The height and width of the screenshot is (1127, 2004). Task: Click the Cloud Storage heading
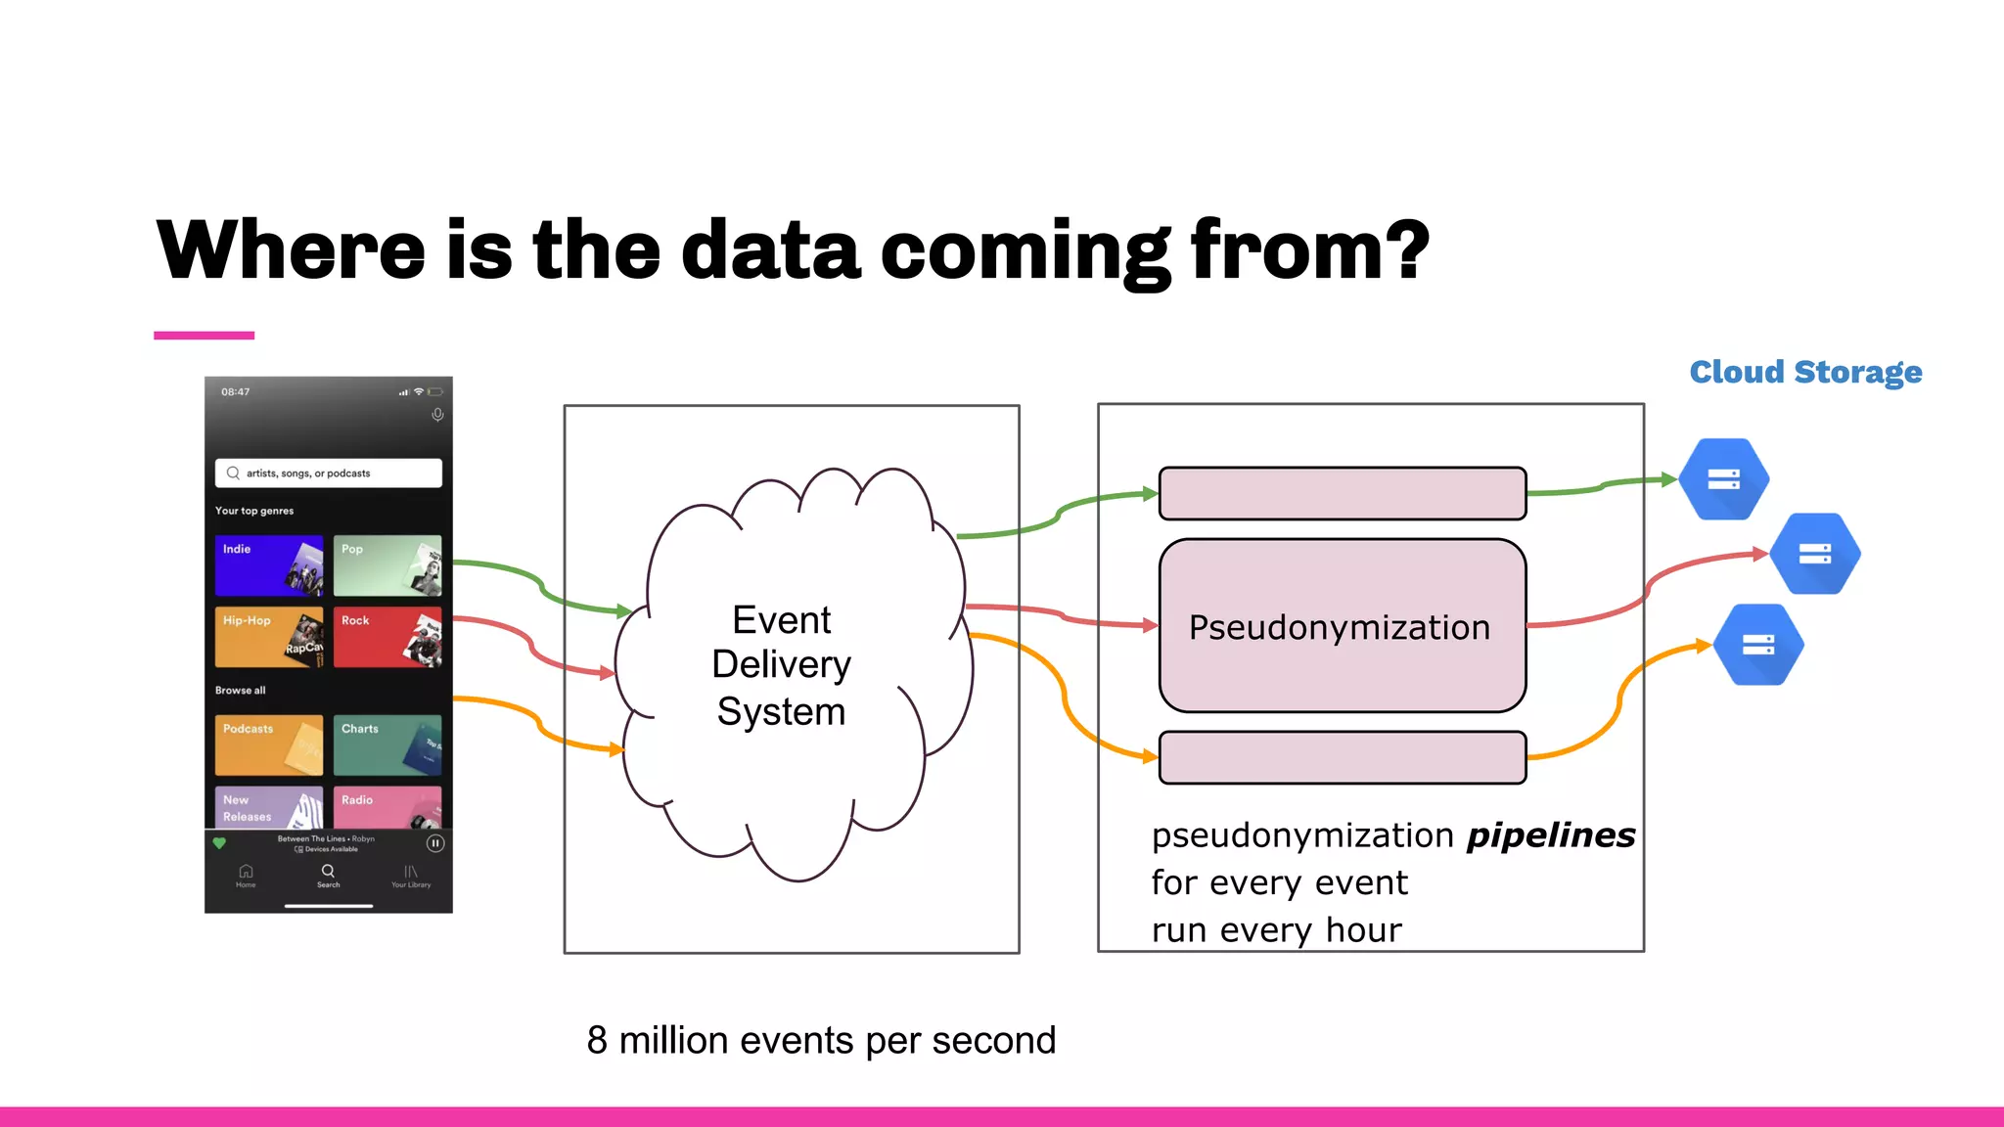(x=1805, y=373)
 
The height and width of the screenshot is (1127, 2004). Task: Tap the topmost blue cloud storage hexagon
(x=1723, y=479)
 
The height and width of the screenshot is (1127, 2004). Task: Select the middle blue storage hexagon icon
(x=1814, y=554)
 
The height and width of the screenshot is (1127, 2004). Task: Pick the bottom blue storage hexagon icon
(x=1758, y=645)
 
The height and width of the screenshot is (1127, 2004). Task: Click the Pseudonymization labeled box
(x=1342, y=626)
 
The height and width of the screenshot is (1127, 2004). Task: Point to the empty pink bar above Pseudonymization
(x=1342, y=493)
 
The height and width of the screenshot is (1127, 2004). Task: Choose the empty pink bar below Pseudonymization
(x=1342, y=757)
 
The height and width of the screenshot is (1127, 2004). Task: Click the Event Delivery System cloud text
(x=781, y=665)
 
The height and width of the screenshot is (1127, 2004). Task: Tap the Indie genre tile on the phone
(x=269, y=565)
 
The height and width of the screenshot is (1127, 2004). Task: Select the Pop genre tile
(x=387, y=565)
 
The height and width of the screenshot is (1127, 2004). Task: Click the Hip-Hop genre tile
(x=269, y=637)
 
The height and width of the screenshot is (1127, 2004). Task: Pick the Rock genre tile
(x=387, y=637)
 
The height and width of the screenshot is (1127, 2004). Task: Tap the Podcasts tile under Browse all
(x=269, y=745)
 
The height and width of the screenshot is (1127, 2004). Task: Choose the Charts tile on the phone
(x=387, y=745)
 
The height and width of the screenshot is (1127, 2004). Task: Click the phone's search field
(x=328, y=473)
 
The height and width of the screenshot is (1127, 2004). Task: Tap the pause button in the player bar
(x=435, y=843)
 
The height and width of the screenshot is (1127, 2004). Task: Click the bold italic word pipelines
(x=1550, y=835)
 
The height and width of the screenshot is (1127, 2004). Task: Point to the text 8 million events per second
(x=821, y=1040)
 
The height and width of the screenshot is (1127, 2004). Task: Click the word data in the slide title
(x=770, y=250)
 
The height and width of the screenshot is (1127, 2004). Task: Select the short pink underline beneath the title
(x=204, y=336)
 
